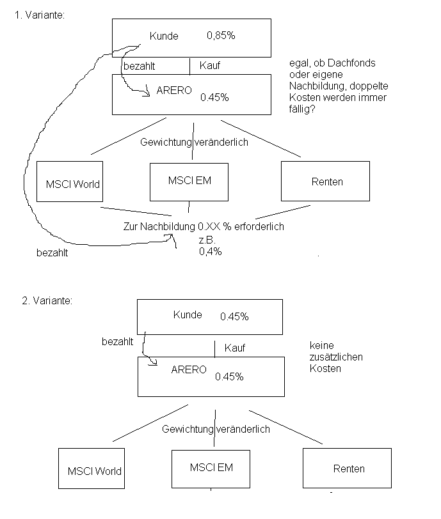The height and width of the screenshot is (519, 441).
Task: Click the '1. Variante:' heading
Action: [x=39, y=15]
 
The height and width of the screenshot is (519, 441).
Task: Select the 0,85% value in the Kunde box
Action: [x=221, y=36]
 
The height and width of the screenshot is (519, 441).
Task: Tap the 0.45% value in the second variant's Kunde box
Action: [x=234, y=316]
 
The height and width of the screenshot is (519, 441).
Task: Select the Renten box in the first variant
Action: [x=325, y=182]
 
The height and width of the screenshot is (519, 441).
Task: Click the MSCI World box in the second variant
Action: [x=94, y=470]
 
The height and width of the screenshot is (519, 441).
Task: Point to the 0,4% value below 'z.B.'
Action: [x=210, y=252]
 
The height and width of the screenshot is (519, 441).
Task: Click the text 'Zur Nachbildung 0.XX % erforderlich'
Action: [x=203, y=227]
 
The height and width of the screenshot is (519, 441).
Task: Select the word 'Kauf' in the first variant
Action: [x=211, y=65]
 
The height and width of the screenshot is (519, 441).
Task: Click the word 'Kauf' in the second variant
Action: [x=235, y=348]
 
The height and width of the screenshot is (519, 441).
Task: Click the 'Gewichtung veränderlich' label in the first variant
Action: [x=194, y=142]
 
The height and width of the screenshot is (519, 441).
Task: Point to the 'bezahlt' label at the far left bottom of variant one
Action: [x=52, y=253]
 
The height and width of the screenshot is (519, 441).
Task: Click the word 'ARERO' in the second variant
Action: [x=189, y=369]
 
